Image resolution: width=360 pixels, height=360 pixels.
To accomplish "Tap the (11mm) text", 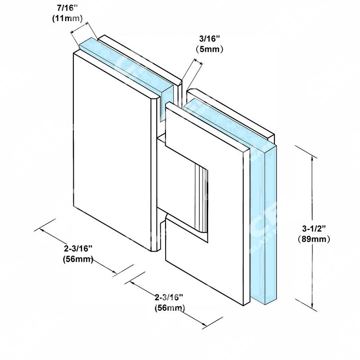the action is tap(67, 18).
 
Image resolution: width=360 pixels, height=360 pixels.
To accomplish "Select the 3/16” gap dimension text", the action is tap(210, 39).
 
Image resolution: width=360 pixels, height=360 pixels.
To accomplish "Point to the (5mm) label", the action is tap(209, 49).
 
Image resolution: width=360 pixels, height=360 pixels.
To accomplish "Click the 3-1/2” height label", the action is tap(314, 229).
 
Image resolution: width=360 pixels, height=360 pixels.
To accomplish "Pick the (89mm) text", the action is tap(314, 239).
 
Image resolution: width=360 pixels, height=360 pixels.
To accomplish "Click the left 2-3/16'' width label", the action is tap(78, 248).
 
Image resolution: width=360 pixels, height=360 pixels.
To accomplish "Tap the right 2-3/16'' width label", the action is tap(169, 297).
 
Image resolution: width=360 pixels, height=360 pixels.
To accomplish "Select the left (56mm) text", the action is tap(78, 259).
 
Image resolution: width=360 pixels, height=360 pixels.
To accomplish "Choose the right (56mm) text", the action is tap(170, 308).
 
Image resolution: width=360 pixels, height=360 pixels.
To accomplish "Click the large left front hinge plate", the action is tap(112, 152).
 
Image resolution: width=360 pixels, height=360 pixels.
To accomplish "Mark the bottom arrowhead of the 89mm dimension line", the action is tap(312, 306).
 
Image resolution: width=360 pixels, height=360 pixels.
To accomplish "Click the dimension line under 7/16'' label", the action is tap(79, 27).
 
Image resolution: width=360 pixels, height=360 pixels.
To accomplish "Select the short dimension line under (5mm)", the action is tap(198, 61).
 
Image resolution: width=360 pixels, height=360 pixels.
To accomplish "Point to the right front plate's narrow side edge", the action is tap(246, 227).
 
